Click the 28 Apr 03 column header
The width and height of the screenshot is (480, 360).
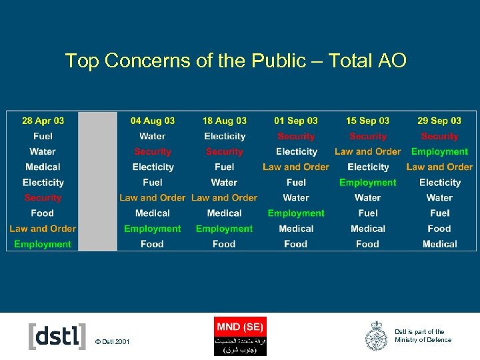tap(43, 121)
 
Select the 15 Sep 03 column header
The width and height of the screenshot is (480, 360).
tap(367, 121)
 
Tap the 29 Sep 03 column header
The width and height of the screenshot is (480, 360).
tap(439, 121)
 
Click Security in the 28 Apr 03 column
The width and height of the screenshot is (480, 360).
tap(43, 197)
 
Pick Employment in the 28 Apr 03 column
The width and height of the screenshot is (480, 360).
tap(43, 244)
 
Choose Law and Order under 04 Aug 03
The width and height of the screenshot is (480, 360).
tap(152, 197)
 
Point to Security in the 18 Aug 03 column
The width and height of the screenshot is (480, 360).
tap(224, 151)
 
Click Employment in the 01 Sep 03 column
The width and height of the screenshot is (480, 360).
tap(296, 213)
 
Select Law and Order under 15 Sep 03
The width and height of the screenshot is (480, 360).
tap(367, 151)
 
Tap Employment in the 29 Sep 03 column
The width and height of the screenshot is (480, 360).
tap(439, 151)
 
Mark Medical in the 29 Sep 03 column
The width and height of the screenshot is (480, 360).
tap(439, 244)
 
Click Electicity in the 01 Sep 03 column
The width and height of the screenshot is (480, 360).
tap(296, 151)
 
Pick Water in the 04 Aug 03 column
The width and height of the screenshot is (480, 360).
tap(152, 136)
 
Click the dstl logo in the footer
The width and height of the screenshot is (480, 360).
tap(57, 336)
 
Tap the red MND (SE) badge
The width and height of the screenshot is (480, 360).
tap(240, 327)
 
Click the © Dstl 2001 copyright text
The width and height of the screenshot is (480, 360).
tap(113, 342)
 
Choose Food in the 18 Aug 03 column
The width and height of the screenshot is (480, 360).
tap(224, 244)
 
